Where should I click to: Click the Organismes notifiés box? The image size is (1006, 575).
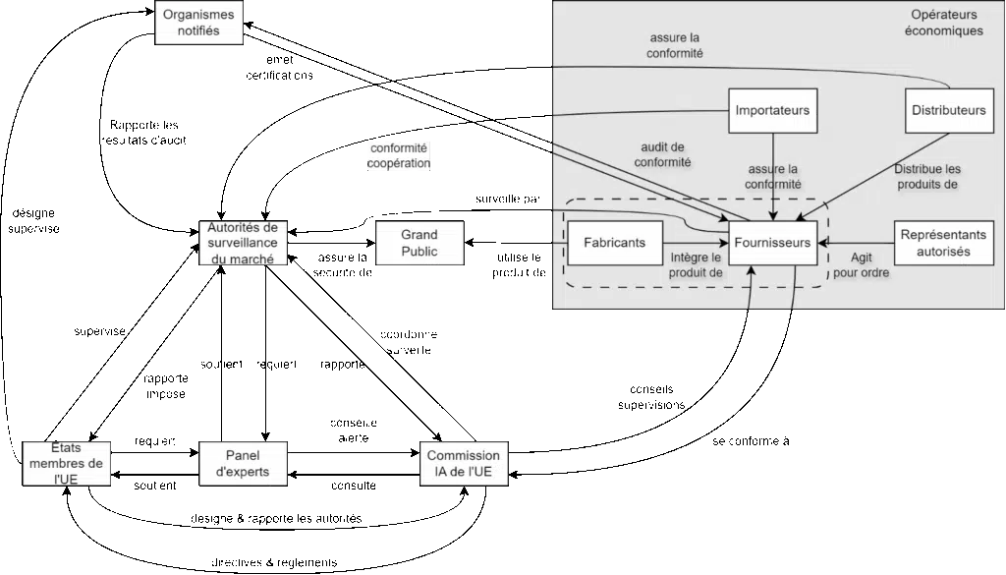tap(198, 23)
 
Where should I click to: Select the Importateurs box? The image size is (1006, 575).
tap(773, 110)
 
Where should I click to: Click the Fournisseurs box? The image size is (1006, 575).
tap(773, 243)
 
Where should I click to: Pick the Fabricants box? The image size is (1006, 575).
tap(615, 243)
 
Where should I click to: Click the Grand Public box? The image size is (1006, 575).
tap(419, 243)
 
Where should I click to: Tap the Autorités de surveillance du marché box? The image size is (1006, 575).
tap(244, 243)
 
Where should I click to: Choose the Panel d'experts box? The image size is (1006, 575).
tap(243, 463)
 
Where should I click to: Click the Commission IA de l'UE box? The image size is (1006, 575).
tap(465, 463)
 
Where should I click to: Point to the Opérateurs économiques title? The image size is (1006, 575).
tap(946, 24)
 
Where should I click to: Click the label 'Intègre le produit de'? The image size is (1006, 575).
tap(696, 265)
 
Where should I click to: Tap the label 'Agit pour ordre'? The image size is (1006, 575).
tap(861, 265)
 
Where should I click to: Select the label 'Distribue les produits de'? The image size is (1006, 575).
tap(925, 176)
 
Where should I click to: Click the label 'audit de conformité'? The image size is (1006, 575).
tap(662, 154)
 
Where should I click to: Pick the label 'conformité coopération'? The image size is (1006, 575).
tap(399, 156)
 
